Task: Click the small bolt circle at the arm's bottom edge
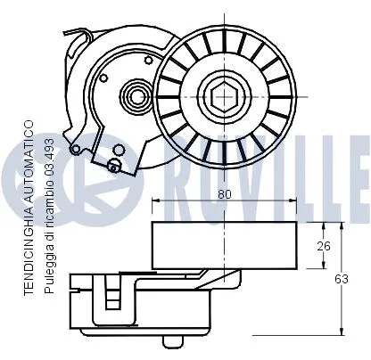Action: pos(113,163)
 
